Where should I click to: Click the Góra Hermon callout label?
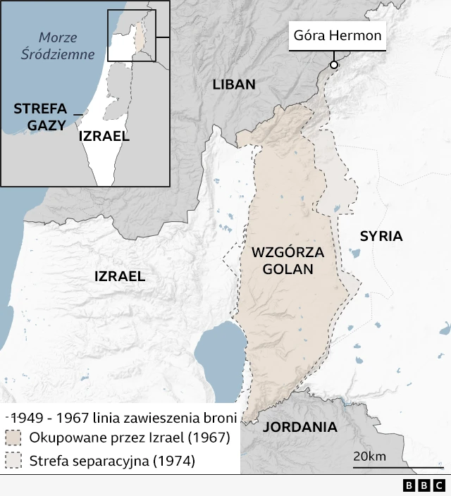(338, 36)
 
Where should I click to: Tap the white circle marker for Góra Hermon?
(334, 65)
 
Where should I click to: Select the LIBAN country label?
(233, 85)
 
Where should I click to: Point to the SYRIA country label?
(381, 236)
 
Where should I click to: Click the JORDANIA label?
(299, 427)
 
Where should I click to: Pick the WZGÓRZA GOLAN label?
(287, 260)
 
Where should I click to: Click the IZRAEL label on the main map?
(120, 276)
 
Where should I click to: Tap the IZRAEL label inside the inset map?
(104, 136)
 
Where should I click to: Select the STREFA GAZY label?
(39, 117)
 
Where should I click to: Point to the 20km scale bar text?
(369, 457)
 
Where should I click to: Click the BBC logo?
(424, 485)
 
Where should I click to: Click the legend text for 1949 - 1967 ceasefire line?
(124, 417)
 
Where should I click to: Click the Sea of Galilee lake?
(220, 352)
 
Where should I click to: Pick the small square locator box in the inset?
(131, 36)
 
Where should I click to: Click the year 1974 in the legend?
(175, 461)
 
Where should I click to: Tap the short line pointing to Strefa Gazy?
(78, 113)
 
